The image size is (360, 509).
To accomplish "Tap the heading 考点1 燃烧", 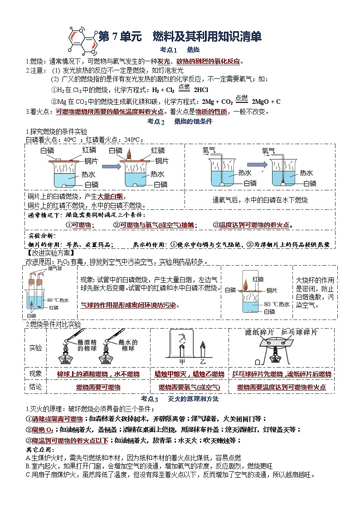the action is point(180,50).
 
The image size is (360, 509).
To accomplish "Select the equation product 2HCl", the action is point(202,90).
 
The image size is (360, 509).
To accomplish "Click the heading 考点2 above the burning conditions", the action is point(156,121).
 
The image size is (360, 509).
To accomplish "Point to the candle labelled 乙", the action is point(202,352).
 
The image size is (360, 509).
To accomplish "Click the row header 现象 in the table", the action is point(35,374).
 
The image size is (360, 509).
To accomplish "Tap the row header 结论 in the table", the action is point(35,387).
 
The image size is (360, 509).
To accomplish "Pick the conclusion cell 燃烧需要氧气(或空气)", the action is point(189,388).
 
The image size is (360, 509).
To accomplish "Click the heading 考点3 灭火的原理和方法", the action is point(180,399).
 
